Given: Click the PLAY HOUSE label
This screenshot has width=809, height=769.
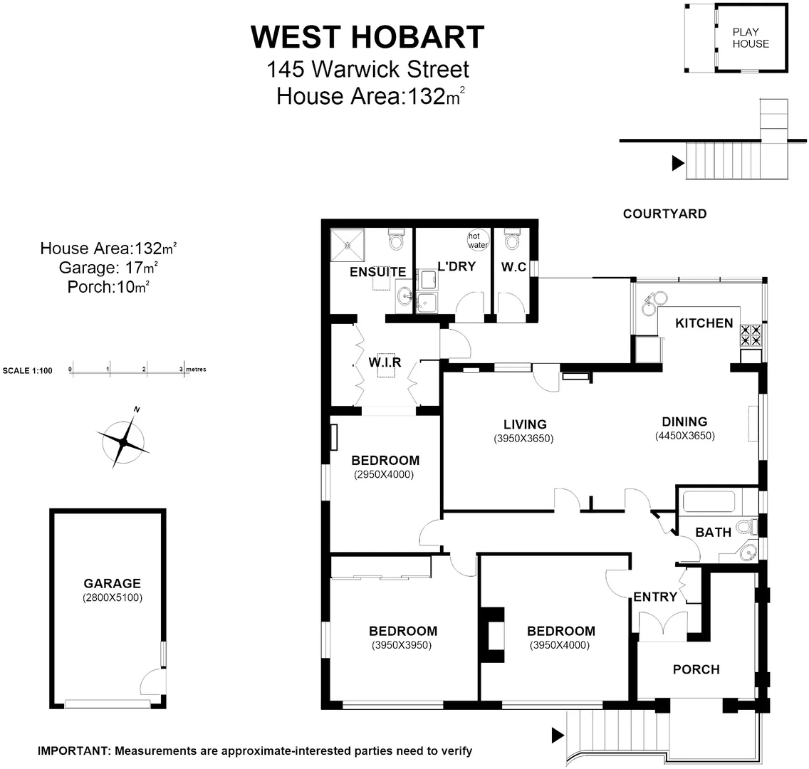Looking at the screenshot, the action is (751, 37).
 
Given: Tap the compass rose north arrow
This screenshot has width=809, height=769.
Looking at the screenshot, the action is (125, 442).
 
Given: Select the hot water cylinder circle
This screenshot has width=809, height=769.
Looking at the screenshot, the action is (478, 240).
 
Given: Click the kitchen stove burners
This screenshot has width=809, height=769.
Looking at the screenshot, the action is (751, 335).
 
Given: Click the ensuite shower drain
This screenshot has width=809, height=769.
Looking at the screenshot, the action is (349, 246).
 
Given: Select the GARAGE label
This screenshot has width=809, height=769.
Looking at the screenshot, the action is (112, 583).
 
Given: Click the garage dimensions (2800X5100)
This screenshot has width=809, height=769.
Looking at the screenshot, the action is (112, 598).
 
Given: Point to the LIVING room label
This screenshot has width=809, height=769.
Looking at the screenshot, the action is (523, 424).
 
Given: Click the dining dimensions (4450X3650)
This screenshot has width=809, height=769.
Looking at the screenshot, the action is (684, 436).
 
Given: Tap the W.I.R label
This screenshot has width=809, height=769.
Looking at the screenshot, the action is (385, 362).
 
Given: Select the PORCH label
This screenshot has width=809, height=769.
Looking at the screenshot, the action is (696, 669).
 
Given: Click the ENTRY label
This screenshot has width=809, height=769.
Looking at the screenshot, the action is (654, 597).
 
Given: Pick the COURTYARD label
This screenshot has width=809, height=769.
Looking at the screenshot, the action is (664, 214).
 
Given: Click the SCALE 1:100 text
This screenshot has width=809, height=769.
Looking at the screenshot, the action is (28, 370).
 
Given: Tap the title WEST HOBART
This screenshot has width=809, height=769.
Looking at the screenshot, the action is (367, 37).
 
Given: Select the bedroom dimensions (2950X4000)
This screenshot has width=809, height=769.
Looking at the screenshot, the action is (384, 474).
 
